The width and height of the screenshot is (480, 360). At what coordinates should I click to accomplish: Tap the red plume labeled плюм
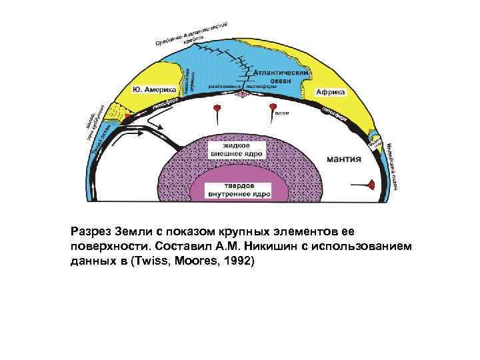[271, 108]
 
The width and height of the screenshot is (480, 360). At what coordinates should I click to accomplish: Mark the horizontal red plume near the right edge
[369, 183]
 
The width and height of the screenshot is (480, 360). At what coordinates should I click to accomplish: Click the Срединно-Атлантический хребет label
[193, 33]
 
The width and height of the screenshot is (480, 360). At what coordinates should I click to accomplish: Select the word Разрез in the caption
[91, 233]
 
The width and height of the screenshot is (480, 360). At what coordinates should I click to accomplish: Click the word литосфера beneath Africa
[337, 113]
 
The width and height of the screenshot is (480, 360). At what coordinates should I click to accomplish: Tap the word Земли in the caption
[133, 233]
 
